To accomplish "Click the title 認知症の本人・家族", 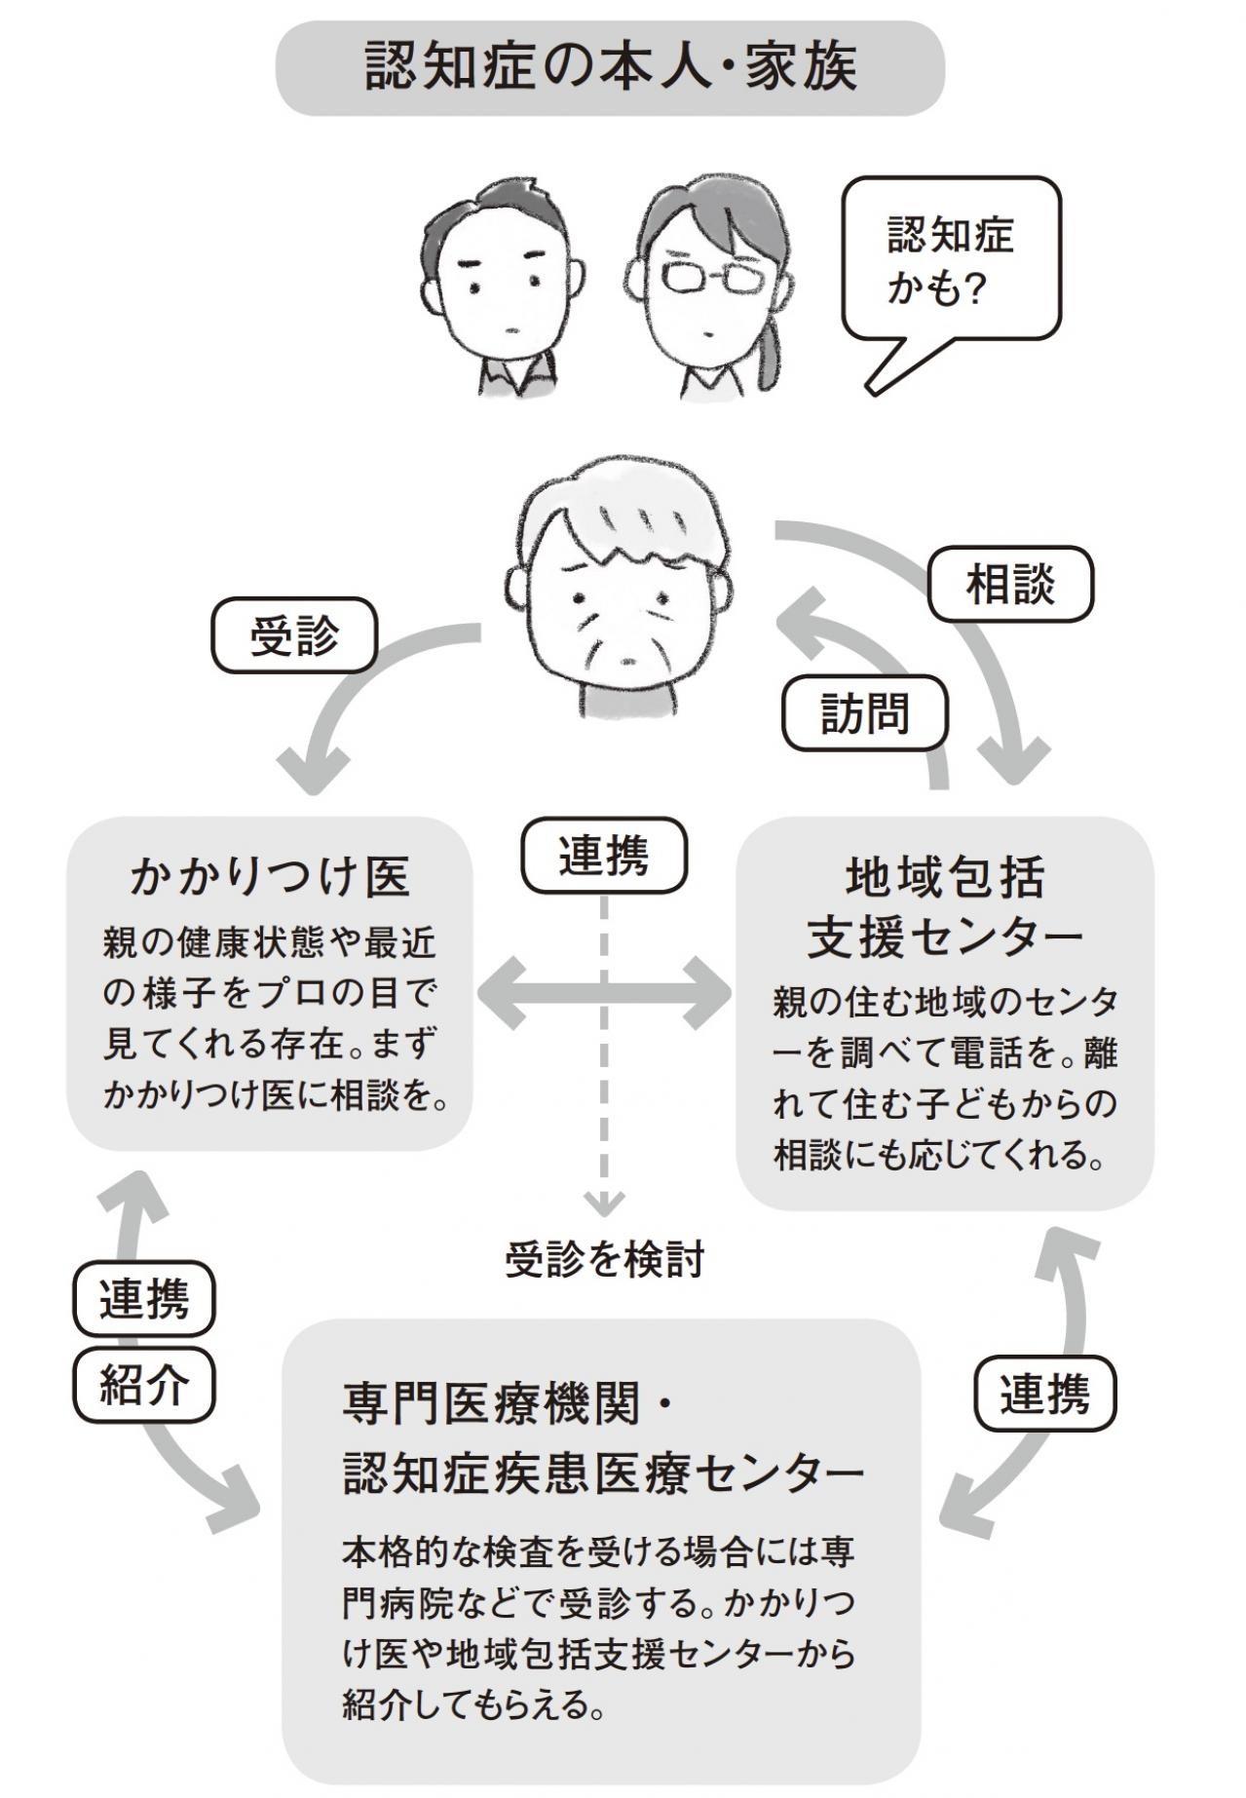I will [x=610, y=68].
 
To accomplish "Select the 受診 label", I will [x=294, y=636].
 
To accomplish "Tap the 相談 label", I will [x=1010, y=585].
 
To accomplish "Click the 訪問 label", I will [x=864, y=714].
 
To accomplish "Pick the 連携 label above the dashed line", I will [x=604, y=856].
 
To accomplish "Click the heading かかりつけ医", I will [x=270, y=876].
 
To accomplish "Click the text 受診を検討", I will [x=604, y=1260].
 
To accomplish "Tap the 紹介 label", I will [x=144, y=1385].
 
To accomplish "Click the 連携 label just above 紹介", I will [x=144, y=1299].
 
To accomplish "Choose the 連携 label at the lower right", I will [x=1044, y=1393].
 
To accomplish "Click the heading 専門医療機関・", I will [x=507, y=1404].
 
